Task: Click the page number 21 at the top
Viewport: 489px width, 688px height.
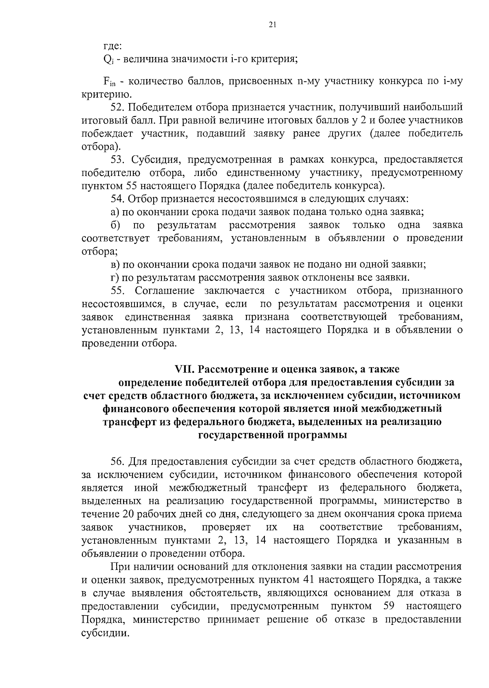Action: point(273,24)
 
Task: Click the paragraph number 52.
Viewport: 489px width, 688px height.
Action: point(117,108)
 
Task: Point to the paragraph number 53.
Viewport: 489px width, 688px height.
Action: point(117,160)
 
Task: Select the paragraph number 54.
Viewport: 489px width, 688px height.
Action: point(117,199)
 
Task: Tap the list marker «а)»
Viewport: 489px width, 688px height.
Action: point(115,212)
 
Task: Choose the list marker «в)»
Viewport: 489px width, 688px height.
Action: point(115,264)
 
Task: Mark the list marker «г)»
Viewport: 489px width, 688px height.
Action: point(115,278)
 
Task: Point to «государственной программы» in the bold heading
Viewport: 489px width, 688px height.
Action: point(273,435)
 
